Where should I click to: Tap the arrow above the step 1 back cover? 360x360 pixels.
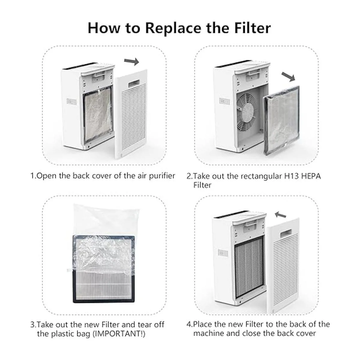(x=131, y=61)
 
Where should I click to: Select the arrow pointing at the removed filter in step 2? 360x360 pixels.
(x=288, y=77)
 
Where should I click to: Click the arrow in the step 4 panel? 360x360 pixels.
(x=280, y=215)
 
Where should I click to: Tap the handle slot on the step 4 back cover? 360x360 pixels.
(x=286, y=232)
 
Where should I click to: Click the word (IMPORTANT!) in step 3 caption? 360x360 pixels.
(x=119, y=334)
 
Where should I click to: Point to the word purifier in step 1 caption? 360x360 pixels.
(x=162, y=176)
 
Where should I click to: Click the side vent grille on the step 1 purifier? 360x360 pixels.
(x=72, y=101)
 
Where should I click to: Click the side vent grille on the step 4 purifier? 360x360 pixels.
(x=223, y=253)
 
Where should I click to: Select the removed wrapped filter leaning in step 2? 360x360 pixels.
(x=281, y=120)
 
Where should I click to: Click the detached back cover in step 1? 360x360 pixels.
(x=131, y=114)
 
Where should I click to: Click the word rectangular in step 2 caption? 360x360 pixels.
(x=261, y=176)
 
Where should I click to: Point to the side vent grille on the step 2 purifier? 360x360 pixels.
(x=225, y=101)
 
